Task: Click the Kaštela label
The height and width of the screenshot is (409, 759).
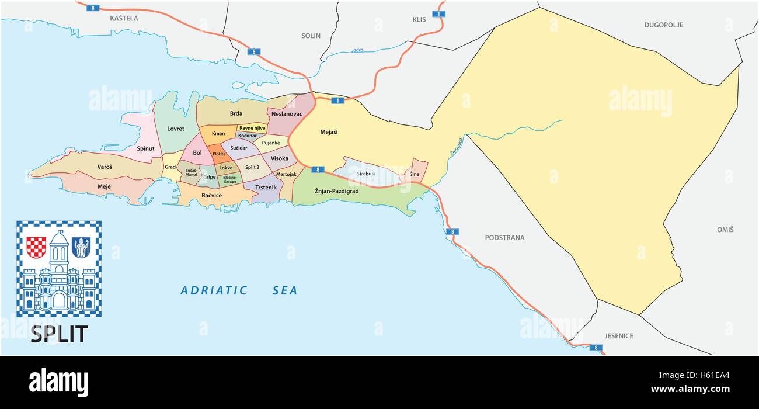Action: coord(124,18)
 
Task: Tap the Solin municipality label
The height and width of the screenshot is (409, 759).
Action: coord(311,36)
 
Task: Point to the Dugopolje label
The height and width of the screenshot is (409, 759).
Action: coord(663,25)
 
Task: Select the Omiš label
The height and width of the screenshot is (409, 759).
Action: coord(725,230)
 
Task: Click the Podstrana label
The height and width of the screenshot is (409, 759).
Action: coord(504,238)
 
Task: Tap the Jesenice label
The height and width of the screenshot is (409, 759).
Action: coord(619,336)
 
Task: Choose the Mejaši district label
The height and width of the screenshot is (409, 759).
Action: coord(329,132)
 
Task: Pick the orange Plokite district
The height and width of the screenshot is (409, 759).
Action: coord(219,154)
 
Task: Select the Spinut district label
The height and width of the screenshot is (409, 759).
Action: coord(145,148)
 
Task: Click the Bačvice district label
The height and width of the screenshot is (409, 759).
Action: coord(211,195)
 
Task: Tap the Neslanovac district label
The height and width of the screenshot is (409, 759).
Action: coord(287,114)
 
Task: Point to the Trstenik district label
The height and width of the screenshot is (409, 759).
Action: coord(266,188)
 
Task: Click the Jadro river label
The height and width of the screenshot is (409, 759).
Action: coord(357,50)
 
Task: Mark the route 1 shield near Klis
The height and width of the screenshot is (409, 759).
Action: coord(437,13)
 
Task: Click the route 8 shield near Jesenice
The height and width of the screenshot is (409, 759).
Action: coord(595,348)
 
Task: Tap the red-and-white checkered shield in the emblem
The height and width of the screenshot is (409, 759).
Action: coord(36,247)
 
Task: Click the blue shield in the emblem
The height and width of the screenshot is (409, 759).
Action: coord(81,247)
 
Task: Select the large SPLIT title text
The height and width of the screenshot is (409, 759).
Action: coord(58,334)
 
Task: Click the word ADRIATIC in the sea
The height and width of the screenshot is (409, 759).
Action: coord(214,290)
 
